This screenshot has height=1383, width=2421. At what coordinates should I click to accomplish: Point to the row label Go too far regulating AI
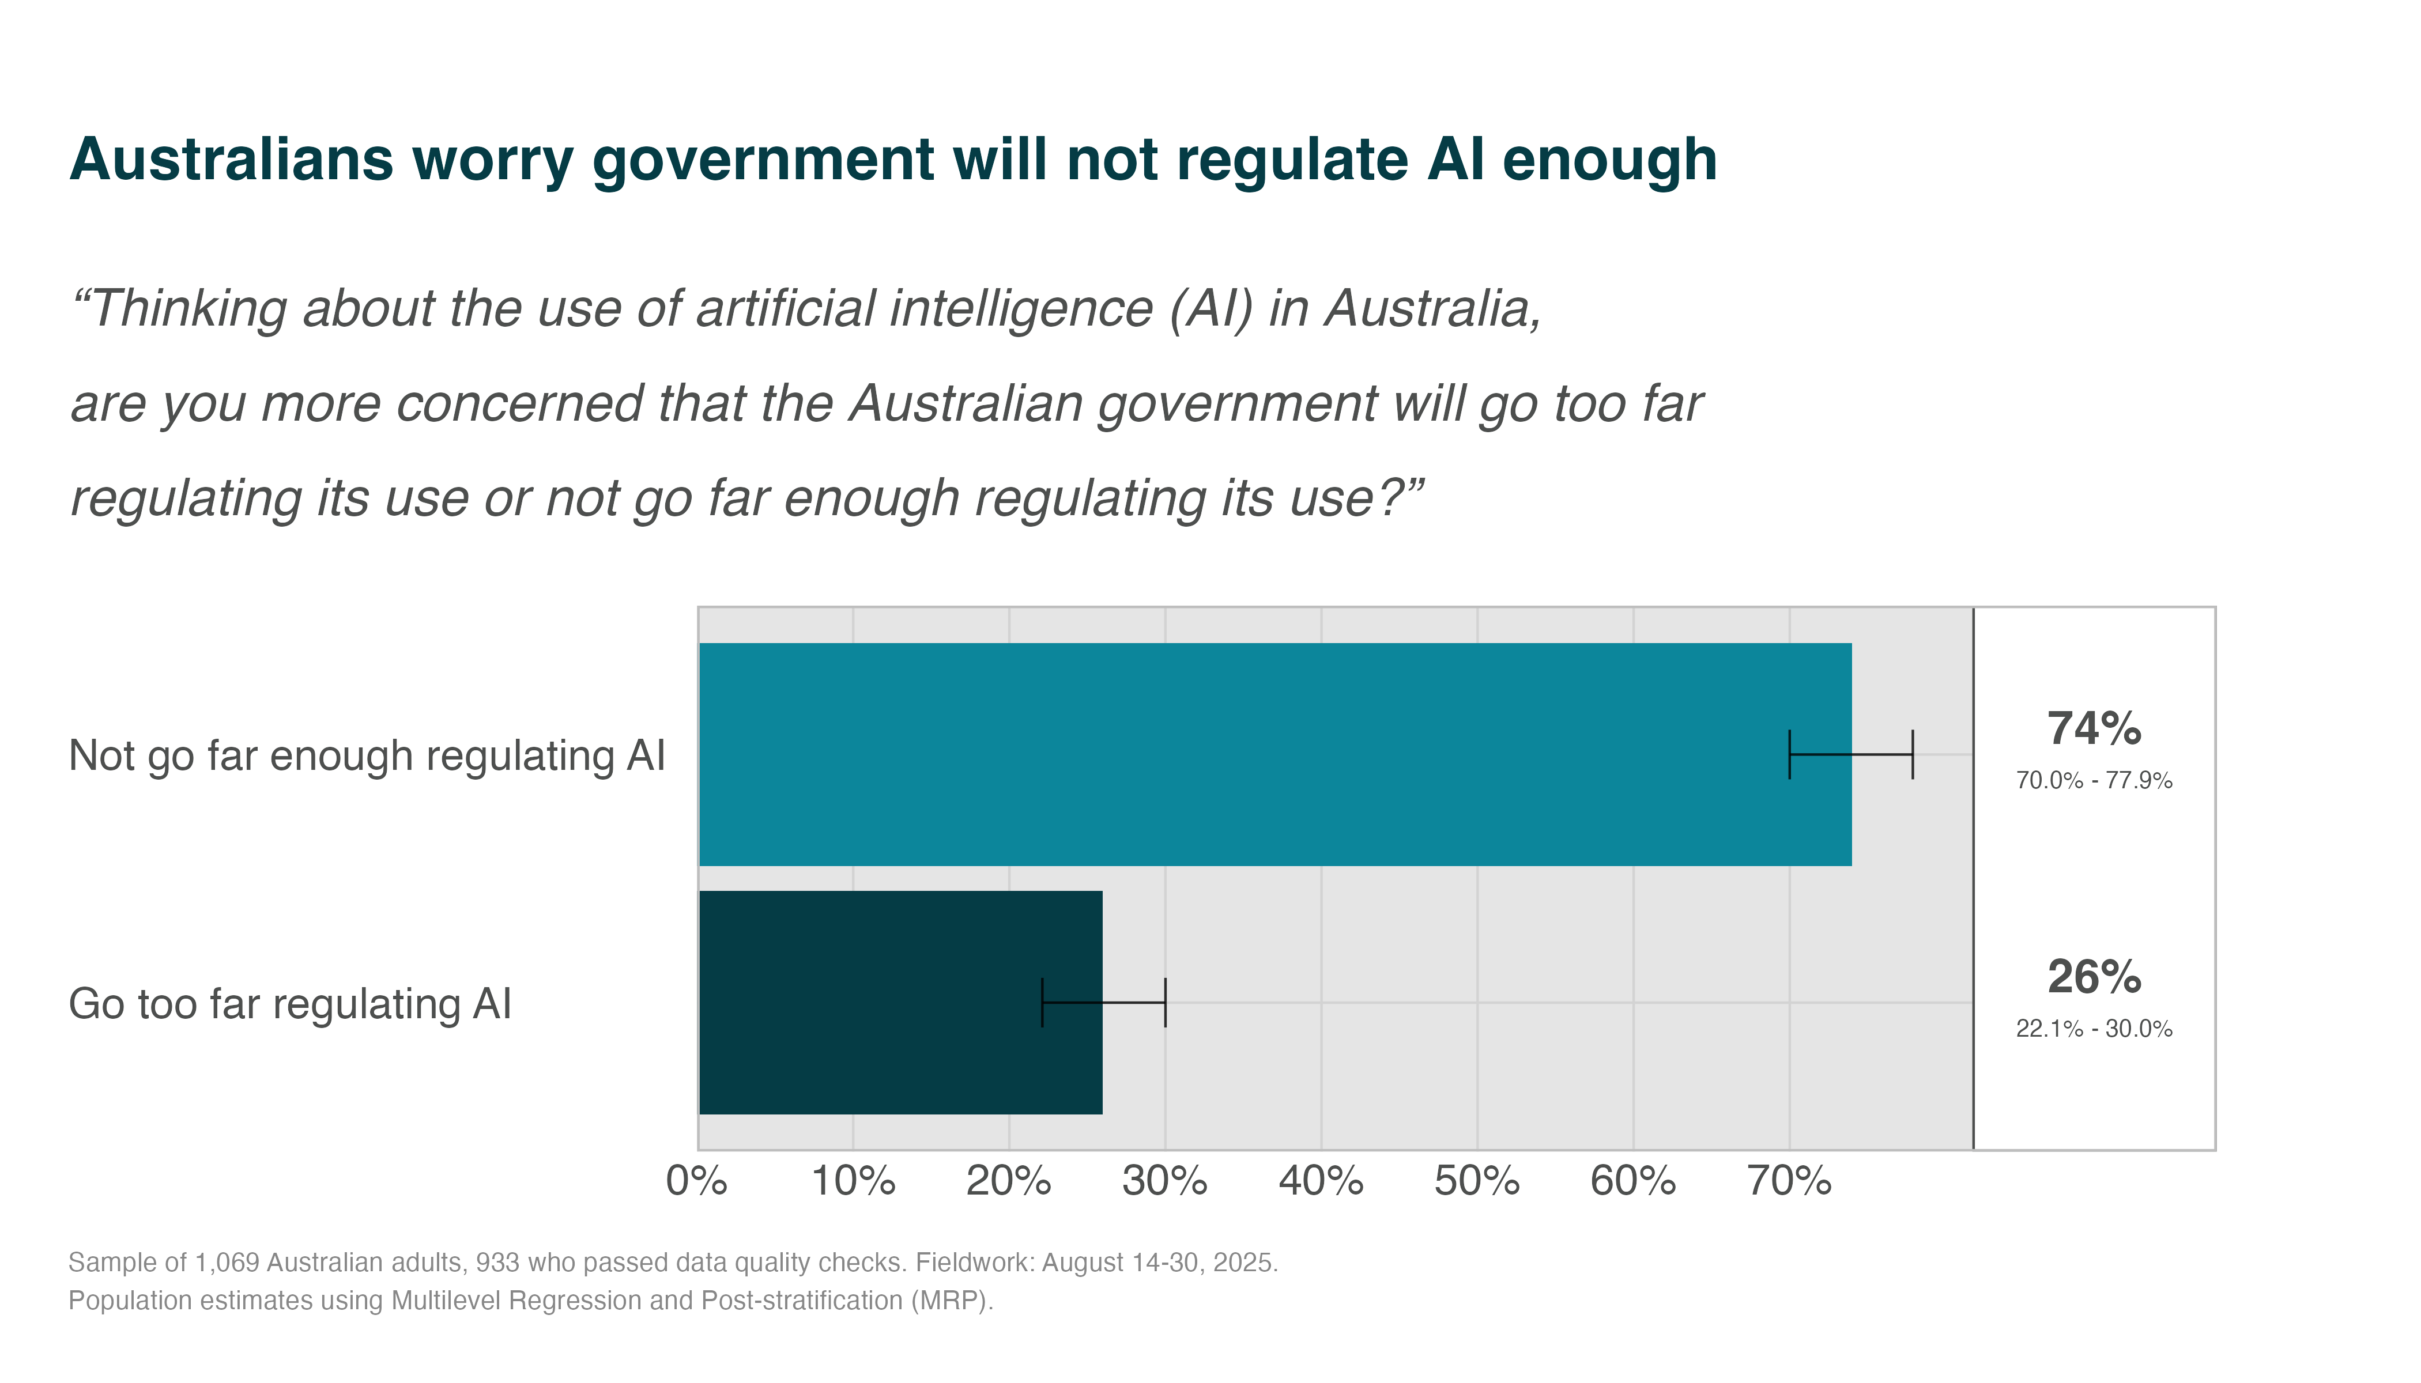(x=290, y=1004)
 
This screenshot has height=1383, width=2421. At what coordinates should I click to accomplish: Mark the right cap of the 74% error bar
(x=1913, y=754)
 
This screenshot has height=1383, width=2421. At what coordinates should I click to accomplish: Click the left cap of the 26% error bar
(x=1042, y=1002)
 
